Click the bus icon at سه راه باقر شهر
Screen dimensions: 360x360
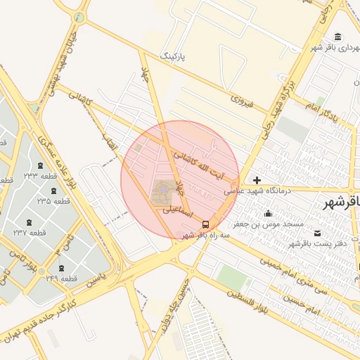click(x=205, y=224)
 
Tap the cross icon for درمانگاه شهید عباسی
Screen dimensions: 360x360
click(x=257, y=181)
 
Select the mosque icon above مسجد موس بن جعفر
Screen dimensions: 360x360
click(x=268, y=214)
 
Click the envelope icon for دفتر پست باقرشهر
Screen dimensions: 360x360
click(x=317, y=233)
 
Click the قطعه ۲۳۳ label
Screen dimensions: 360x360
click(x=40, y=176)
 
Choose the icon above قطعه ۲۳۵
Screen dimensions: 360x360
click(x=53, y=191)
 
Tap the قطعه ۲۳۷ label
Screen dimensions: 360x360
click(x=30, y=232)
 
